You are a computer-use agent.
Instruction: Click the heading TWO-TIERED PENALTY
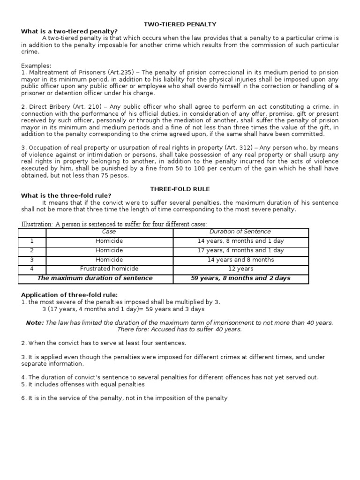click(x=180, y=24)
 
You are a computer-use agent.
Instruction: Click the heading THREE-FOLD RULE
click(x=180, y=189)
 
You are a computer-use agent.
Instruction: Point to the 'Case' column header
click(x=109, y=232)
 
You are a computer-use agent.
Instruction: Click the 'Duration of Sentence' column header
click(x=240, y=232)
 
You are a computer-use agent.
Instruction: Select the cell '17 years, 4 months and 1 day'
click(x=240, y=250)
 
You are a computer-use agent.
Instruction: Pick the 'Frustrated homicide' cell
click(x=109, y=269)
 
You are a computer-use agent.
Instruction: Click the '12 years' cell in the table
click(x=240, y=269)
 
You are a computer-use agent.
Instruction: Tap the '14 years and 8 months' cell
click(x=240, y=260)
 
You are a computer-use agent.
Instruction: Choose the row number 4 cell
click(x=32, y=269)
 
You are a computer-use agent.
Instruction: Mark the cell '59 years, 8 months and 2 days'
click(x=240, y=278)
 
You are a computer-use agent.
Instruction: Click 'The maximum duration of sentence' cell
click(x=95, y=278)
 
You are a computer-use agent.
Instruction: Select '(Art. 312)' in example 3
click(x=240, y=148)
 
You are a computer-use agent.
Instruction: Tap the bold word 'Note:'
click(x=35, y=322)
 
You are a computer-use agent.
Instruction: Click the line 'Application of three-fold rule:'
click(x=69, y=295)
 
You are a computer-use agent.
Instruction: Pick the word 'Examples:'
click(x=36, y=66)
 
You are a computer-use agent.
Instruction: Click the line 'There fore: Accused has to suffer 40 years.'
click(x=180, y=329)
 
